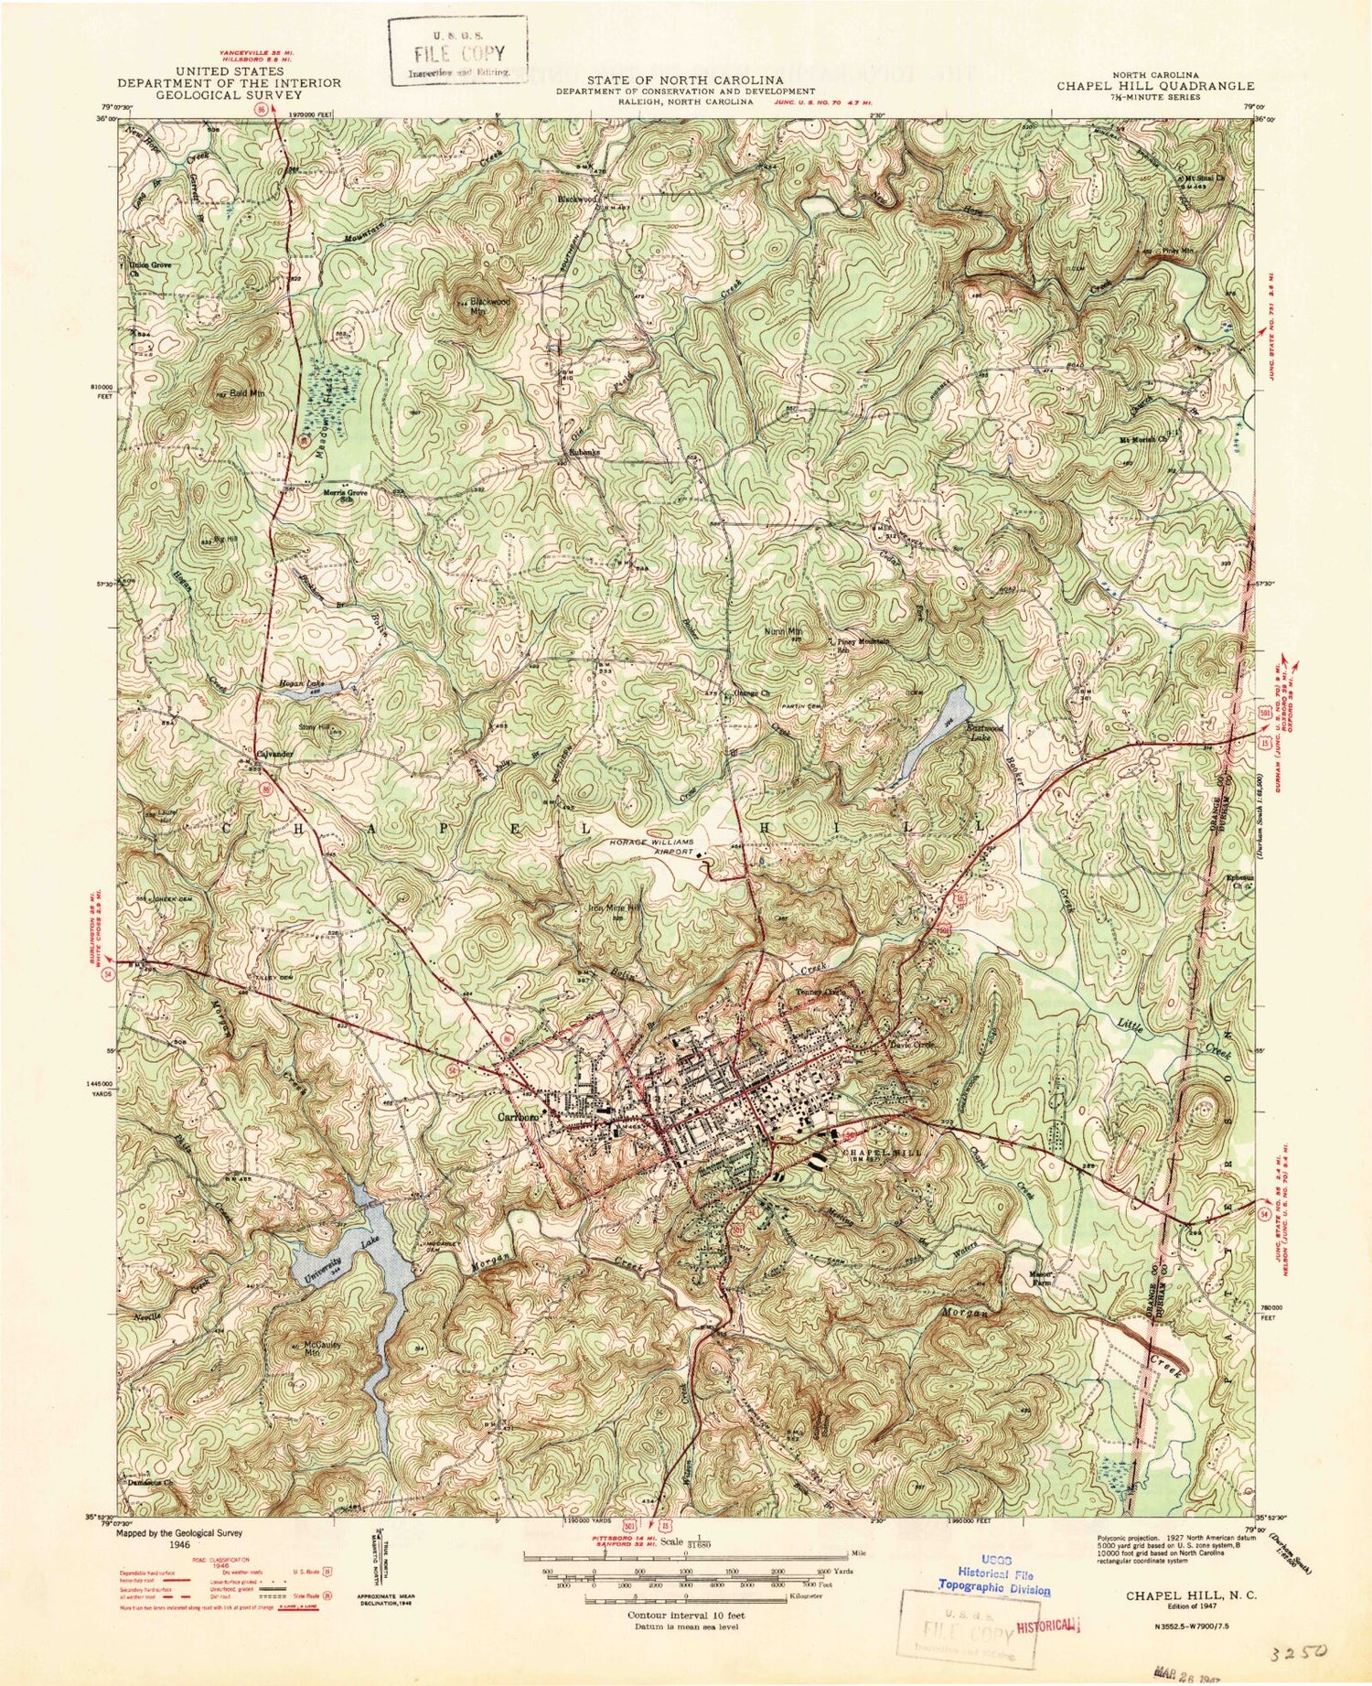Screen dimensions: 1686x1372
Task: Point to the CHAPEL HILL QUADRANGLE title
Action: (1155, 85)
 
